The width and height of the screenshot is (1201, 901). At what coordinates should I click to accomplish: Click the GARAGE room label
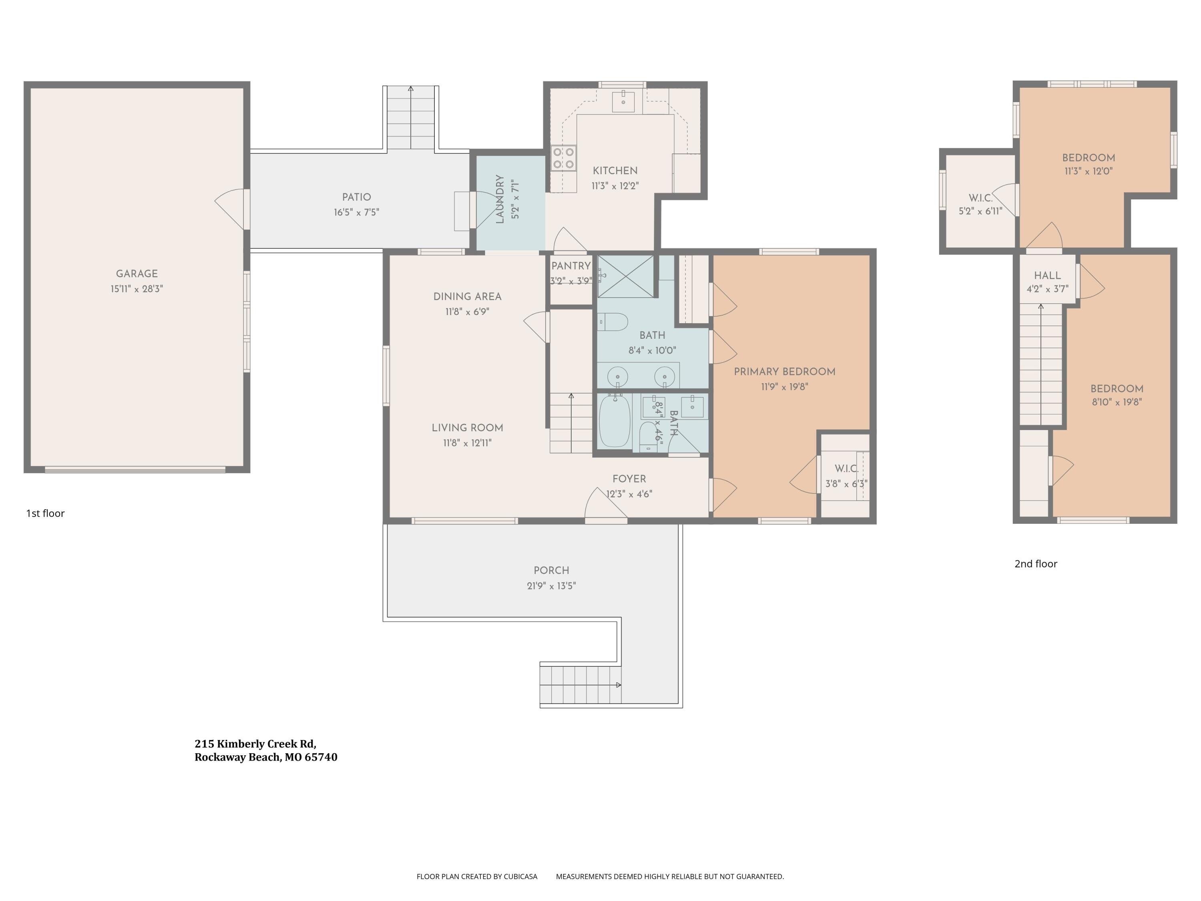pos(137,274)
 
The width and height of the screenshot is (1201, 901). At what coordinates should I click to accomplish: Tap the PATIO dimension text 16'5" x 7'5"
pos(356,212)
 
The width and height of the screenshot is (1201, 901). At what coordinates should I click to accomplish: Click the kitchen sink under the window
pos(623,102)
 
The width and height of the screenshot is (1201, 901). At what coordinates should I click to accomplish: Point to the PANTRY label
pos(570,265)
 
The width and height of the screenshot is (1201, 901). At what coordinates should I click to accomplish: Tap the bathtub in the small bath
pos(615,421)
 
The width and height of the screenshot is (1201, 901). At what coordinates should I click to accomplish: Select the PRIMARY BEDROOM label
pos(785,372)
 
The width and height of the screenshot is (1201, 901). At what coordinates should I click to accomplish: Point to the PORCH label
pos(551,570)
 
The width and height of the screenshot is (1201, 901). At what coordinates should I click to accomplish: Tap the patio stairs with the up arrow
pos(410,117)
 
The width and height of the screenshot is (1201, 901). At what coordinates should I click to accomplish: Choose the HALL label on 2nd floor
pos(1047,276)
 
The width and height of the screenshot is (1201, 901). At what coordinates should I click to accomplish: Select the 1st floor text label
pos(45,513)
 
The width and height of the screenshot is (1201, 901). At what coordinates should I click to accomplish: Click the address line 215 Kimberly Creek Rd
pos(255,744)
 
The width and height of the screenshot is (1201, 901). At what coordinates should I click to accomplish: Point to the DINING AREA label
pos(467,297)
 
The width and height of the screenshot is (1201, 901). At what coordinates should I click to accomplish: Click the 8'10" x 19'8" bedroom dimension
pos(1117,402)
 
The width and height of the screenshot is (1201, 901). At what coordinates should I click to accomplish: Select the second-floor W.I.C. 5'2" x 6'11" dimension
pos(980,211)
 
